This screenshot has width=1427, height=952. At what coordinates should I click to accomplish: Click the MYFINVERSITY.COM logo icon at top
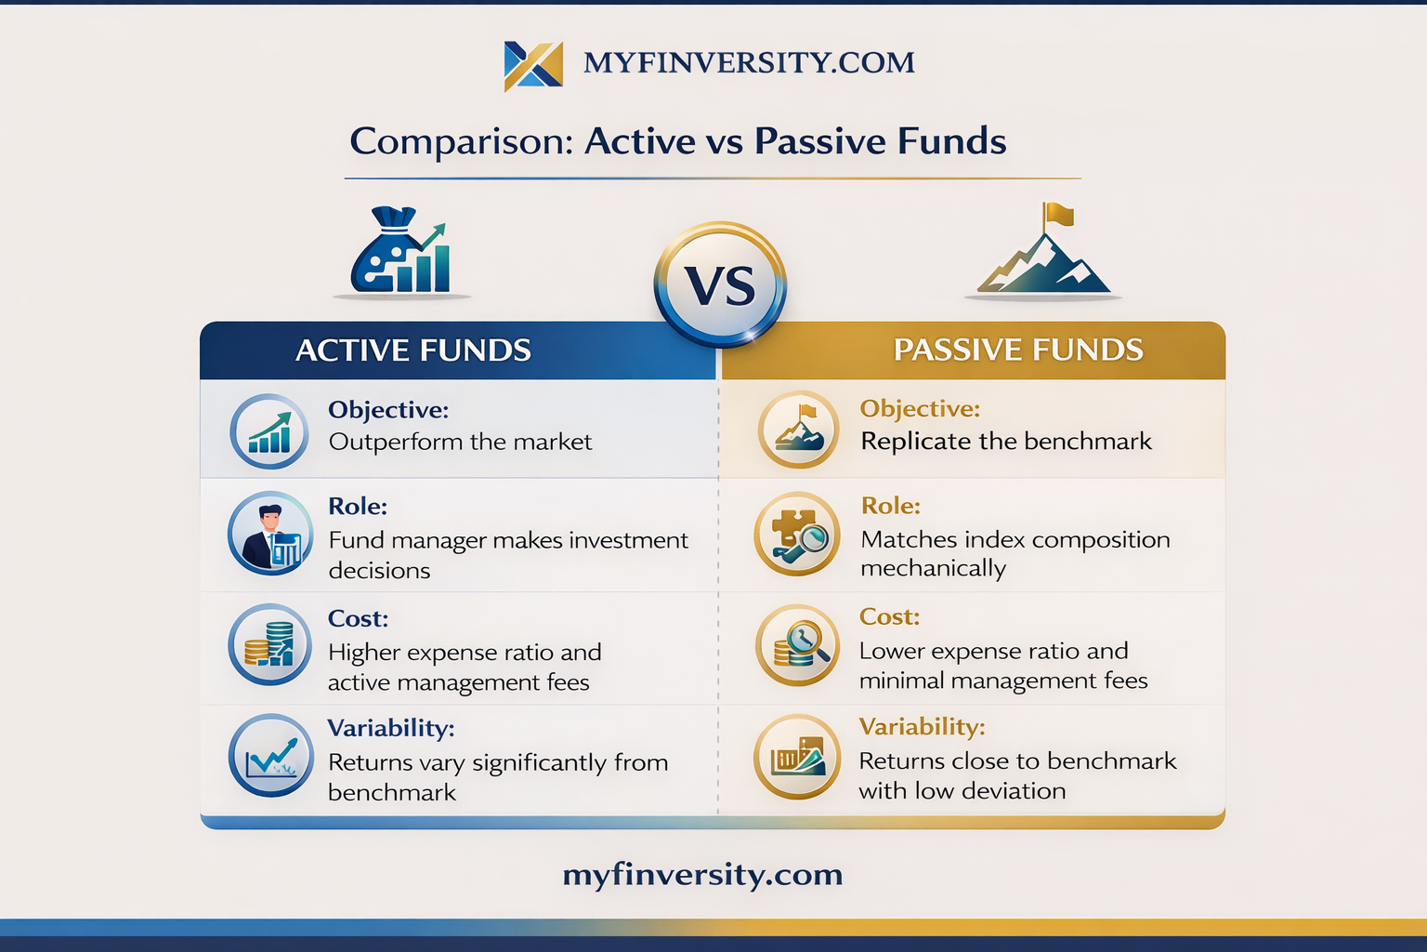533,66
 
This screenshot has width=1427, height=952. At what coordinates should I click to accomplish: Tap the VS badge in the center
720,284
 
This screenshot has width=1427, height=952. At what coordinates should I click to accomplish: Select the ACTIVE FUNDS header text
412,350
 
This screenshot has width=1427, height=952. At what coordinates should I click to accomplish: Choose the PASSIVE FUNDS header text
1018,350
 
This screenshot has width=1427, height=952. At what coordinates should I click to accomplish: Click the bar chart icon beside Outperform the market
269,431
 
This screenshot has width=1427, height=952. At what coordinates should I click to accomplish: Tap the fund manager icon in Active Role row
270,533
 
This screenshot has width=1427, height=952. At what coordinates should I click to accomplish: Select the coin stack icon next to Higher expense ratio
270,644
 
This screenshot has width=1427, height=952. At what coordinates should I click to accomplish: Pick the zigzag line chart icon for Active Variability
270,755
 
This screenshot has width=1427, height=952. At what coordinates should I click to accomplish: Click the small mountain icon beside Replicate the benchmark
798,430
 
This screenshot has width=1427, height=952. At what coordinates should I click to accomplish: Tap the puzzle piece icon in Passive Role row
797,534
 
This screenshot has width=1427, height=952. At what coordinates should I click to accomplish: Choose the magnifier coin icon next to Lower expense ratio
798,644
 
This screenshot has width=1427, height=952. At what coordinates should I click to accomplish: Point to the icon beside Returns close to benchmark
797,757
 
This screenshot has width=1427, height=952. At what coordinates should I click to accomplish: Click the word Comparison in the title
462,141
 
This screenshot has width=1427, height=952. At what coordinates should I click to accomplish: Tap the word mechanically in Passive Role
934,568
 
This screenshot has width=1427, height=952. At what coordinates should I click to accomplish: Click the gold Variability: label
922,726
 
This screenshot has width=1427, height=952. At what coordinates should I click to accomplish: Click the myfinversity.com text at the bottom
702,875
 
